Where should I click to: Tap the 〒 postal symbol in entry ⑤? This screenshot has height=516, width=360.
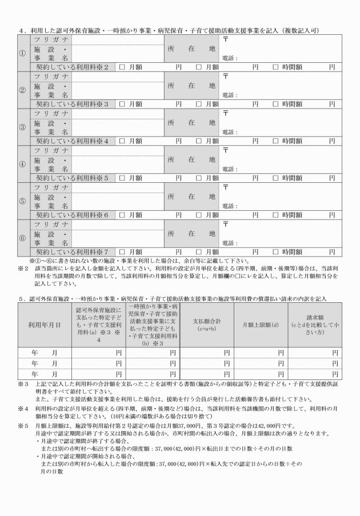(x=225, y=186)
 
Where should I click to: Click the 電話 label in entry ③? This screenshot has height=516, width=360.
(x=229, y=132)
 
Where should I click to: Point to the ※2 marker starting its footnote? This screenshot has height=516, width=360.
(x=23, y=267)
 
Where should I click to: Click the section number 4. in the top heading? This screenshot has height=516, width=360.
(x=21, y=29)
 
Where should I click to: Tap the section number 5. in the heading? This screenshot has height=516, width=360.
(x=21, y=299)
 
